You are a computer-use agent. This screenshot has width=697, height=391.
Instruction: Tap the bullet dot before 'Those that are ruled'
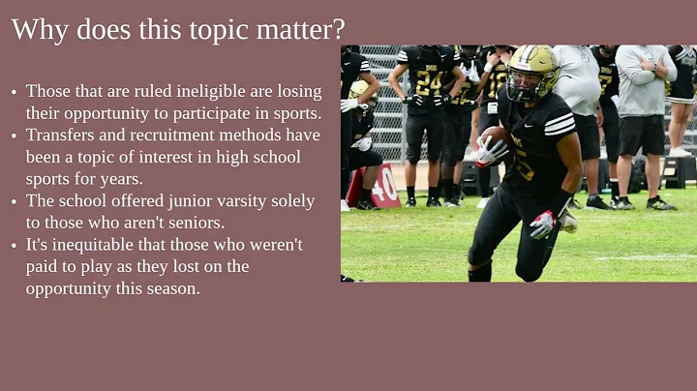[14, 92]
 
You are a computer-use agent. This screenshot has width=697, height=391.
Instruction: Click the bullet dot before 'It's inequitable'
[14, 246]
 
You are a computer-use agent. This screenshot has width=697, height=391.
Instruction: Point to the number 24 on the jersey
[427, 82]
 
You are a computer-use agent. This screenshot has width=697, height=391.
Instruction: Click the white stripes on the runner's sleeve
[560, 124]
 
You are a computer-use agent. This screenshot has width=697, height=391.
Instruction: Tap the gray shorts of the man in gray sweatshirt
[642, 135]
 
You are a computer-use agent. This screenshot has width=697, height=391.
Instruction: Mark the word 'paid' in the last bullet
[45, 267]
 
